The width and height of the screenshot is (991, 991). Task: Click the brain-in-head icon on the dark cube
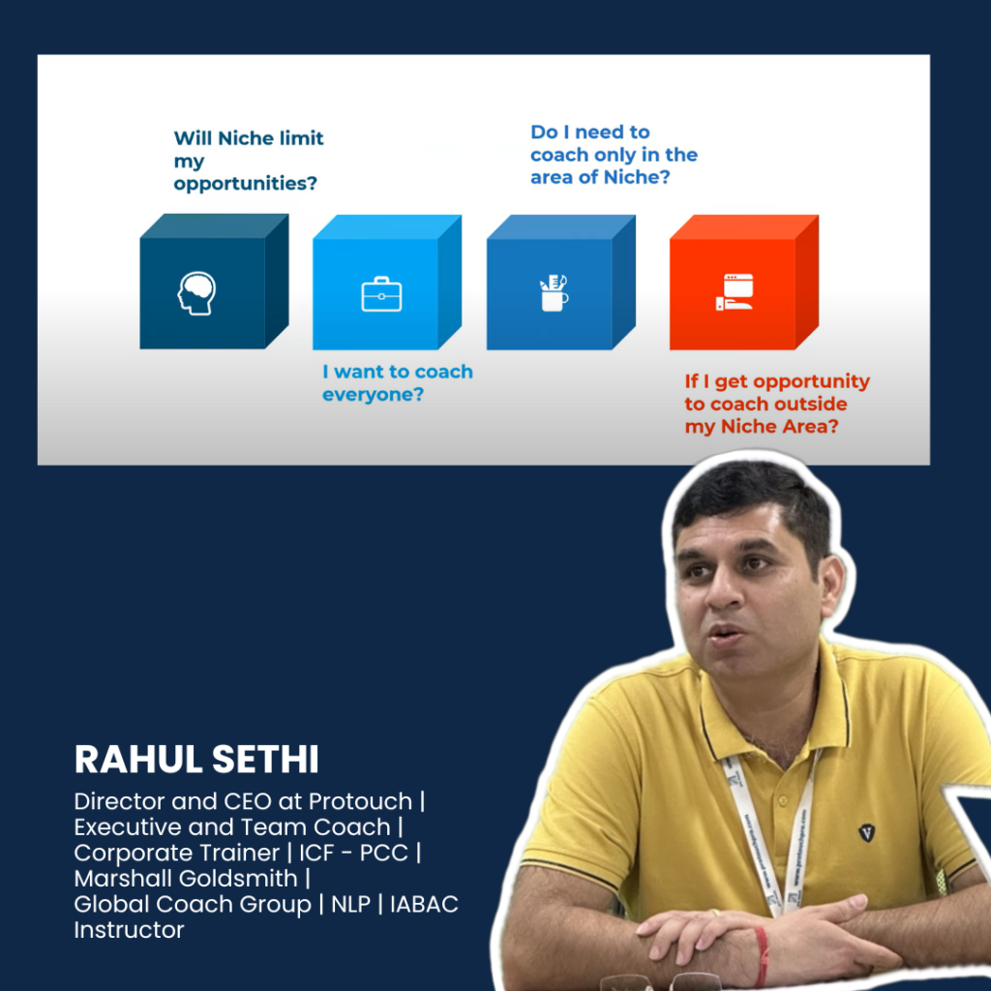(x=196, y=293)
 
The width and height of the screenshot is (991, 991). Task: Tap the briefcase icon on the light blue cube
(x=381, y=294)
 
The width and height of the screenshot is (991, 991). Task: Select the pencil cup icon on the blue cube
(x=554, y=292)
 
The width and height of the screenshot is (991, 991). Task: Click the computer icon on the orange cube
(x=735, y=292)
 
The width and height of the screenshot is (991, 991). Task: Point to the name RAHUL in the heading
(x=137, y=759)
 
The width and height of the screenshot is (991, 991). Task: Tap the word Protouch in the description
(x=360, y=801)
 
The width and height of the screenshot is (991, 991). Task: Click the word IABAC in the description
(x=424, y=905)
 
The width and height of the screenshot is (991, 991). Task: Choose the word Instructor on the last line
(x=129, y=930)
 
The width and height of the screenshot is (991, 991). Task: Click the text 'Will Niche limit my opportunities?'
(x=249, y=161)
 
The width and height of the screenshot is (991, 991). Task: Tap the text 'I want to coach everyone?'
(x=398, y=383)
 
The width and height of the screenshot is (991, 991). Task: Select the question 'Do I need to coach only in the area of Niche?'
(x=614, y=155)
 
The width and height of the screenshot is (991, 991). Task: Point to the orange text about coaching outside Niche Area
(x=777, y=404)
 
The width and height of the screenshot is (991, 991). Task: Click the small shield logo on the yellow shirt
(x=867, y=833)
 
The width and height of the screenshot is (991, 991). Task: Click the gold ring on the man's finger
(x=714, y=912)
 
